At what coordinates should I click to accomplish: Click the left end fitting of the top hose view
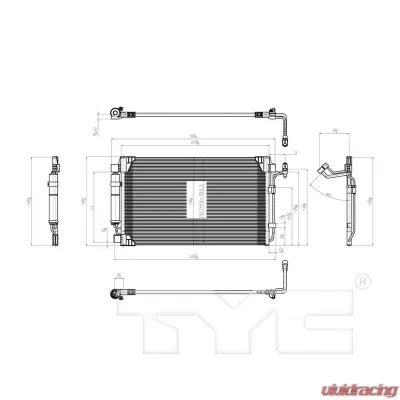pyautogui.click(x=115, y=115)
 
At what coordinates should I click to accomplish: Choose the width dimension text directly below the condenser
pyautogui.click(x=192, y=256)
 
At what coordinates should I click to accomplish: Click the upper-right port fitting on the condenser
pyautogui.click(x=281, y=170)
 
